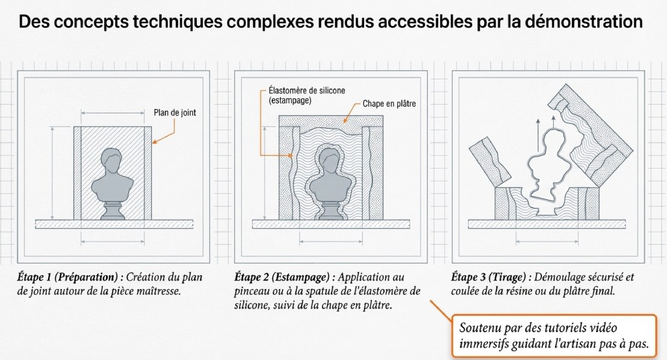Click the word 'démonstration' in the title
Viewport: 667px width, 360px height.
[584, 21]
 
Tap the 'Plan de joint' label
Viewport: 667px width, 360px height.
[175, 113]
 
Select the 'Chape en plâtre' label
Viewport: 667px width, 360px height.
[390, 104]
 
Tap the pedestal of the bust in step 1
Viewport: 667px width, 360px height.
[113, 210]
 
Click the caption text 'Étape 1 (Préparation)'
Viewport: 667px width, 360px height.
[67, 277]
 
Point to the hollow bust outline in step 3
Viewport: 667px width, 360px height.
[529, 166]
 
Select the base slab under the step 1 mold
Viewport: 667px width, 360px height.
[114, 224]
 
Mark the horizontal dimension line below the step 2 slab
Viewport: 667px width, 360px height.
[331, 242]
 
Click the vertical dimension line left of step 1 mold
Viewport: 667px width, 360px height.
[53, 173]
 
